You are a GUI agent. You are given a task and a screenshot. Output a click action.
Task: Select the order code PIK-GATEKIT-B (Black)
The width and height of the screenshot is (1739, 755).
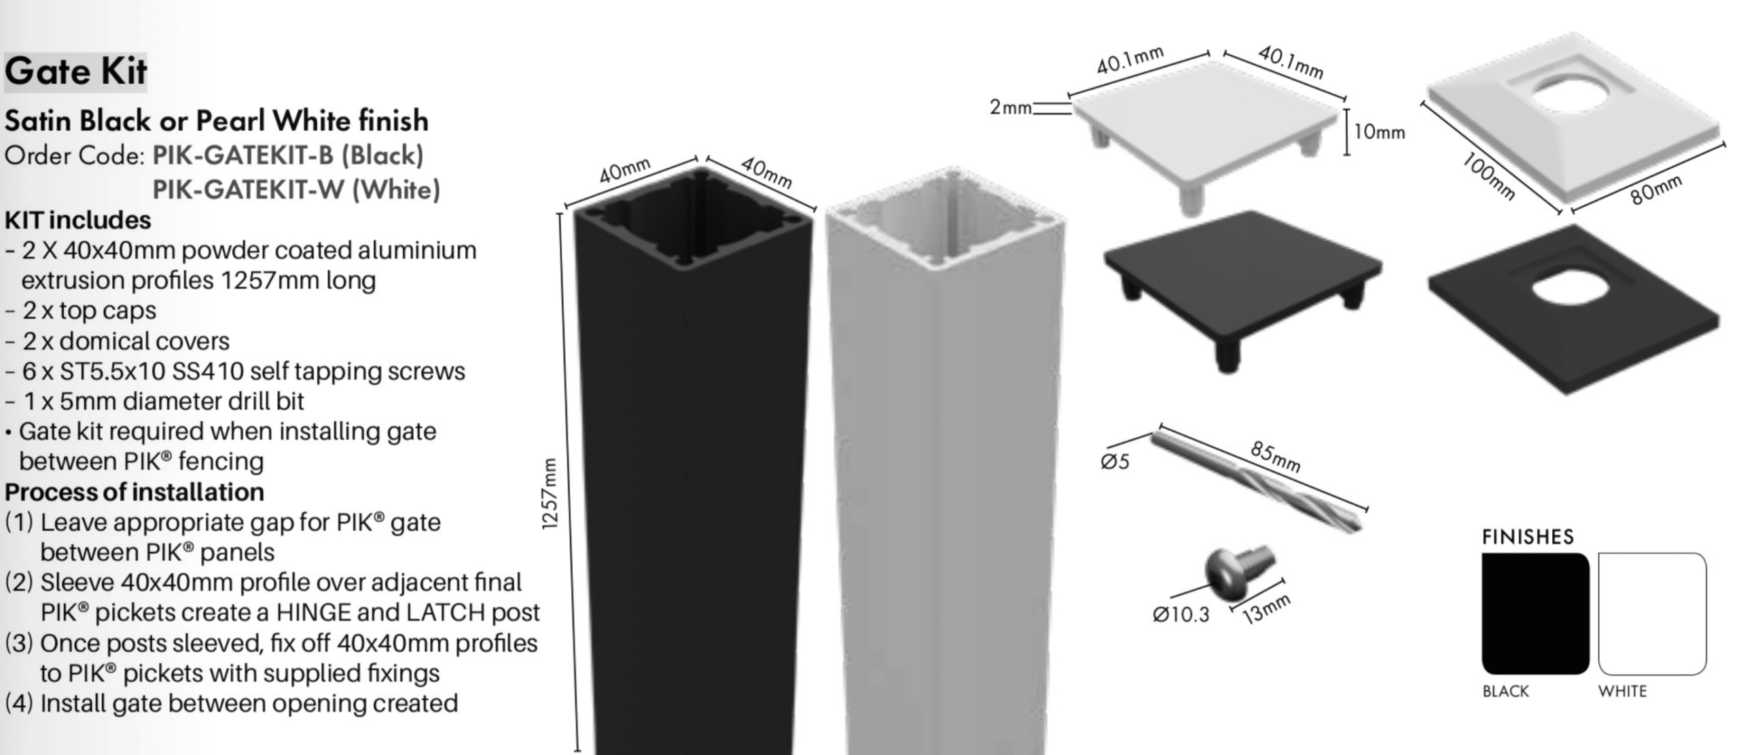288,156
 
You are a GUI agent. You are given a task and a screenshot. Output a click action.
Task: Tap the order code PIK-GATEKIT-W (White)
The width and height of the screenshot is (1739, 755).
296,190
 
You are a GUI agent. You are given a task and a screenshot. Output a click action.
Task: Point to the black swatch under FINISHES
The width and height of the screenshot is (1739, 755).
1535,614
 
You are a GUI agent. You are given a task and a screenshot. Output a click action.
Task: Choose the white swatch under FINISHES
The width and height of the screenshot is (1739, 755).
1652,614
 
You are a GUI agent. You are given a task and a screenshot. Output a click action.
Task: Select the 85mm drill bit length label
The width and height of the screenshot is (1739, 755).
1275,456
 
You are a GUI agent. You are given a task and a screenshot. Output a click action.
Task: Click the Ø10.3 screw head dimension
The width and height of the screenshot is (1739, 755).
1181,614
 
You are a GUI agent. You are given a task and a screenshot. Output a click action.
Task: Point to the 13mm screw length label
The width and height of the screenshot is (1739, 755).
1266,609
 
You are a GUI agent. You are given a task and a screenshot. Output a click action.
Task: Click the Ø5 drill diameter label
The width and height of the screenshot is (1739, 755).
1115,462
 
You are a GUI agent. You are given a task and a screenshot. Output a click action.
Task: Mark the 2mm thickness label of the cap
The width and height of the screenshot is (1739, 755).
1010,107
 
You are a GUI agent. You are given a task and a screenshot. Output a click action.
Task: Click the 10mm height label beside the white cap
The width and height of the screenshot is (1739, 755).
1379,132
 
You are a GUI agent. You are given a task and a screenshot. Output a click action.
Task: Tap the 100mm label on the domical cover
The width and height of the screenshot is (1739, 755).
1488,177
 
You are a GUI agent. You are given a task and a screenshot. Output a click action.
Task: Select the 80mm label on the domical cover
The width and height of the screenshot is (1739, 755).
1656,190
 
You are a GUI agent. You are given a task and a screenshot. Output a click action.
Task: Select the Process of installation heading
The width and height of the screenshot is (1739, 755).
135,491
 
